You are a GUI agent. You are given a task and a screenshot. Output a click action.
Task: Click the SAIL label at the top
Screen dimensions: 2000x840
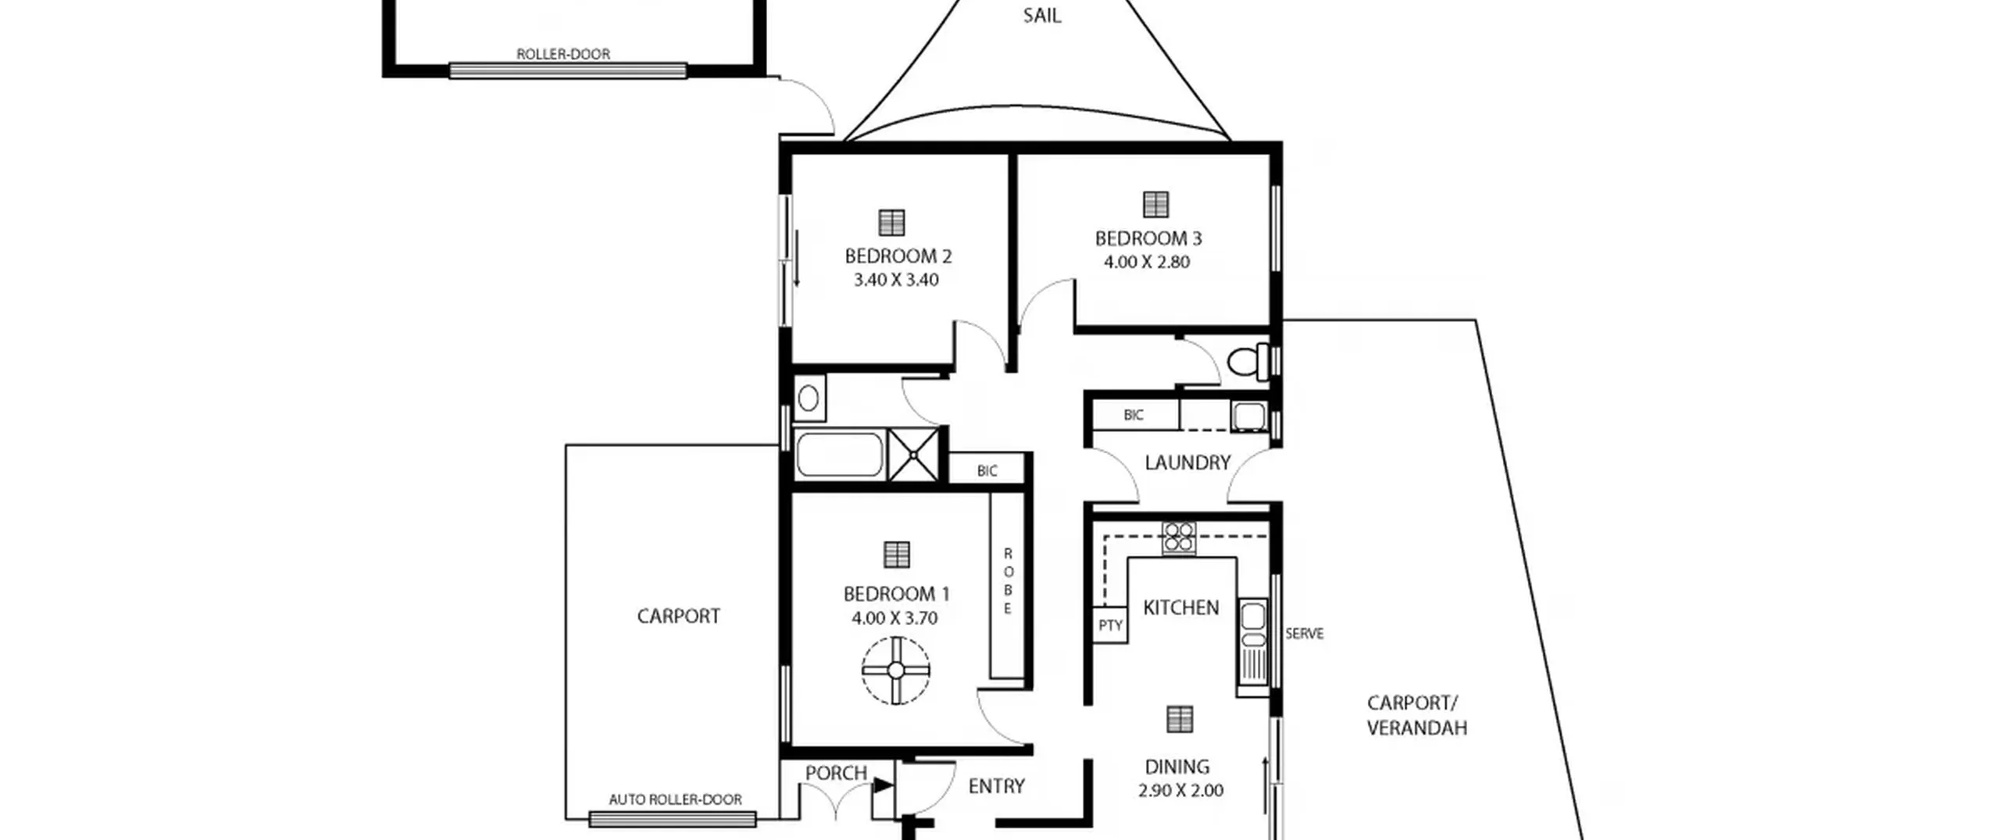pyautogui.click(x=1042, y=16)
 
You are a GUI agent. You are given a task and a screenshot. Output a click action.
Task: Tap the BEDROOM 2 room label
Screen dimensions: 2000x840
pyautogui.click(x=898, y=256)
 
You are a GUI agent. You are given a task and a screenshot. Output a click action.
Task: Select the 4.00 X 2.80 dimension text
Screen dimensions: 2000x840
pyautogui.click(x=1146, y=262)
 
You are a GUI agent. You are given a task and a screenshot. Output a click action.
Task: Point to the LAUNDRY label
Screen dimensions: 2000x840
pyautogui.click(x=1187, y=463)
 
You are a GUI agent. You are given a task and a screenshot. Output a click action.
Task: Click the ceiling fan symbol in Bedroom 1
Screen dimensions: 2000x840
pyautogui.click(x=896, y=670)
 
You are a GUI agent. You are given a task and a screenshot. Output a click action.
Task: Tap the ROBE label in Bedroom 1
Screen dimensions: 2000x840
pyautogui.click(x=1008, y=581)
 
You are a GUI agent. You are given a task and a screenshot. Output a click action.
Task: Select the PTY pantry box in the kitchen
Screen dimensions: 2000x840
pyautogui.click(x=1109, y=625)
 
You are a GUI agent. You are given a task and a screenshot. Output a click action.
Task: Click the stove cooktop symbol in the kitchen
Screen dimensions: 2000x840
pyautogui.click(x=1178, y=538)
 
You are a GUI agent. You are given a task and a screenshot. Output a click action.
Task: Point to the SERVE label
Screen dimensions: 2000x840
pyautogui.click(x=1305, y=634)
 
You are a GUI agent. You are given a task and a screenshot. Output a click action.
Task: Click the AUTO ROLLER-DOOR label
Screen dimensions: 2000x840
pyautogui.click(x=675, y=799)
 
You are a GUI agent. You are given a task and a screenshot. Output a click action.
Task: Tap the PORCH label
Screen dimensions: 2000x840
pyautogui.click(x=836, y=773)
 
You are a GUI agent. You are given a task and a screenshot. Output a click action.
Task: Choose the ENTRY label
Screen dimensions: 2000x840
pyautogui.click(x=996, y=786)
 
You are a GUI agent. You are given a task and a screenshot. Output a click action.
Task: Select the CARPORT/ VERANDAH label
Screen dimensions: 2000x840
pyautogui.click(x=1416, y=715)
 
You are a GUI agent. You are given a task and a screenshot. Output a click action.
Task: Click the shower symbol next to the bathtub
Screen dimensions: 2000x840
pyautogui.click(x=912, y=455)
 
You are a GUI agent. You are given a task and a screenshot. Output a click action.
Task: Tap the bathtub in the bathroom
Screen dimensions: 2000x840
pyautogui.click(x=840, y=454)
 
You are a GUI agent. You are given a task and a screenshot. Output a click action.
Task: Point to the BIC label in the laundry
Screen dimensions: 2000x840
pyautogui.click(x=1134, y=416)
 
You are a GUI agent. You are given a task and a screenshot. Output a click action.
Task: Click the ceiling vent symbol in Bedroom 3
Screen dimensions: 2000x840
pyautogui.click(x=1155, y=204)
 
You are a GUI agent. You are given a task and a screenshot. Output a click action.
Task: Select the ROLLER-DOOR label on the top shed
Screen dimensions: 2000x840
pyautogui.click(x=563, y=54)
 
